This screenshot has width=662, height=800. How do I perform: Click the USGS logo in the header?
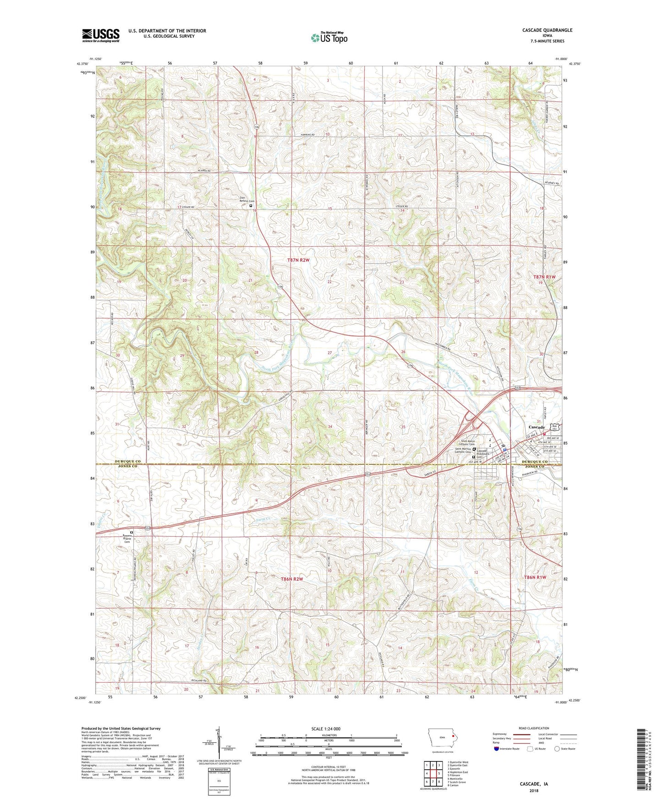coord(101,35)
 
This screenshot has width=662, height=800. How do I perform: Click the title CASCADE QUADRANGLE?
coord(547,30)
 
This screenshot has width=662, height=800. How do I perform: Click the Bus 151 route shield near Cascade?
coord(555,427)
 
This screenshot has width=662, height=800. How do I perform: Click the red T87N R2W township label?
coord(298,260)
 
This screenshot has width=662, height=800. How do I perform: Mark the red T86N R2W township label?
coord(292,579)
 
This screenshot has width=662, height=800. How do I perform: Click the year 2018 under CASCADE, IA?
coord(534,790)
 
